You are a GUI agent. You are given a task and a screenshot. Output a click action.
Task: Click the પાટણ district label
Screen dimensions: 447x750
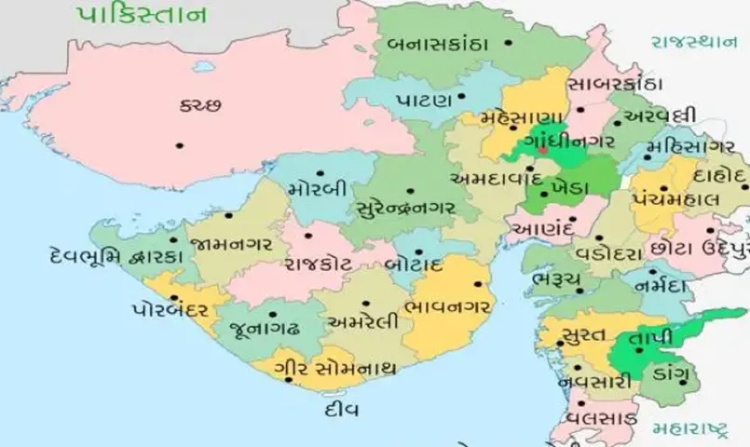[425, 98]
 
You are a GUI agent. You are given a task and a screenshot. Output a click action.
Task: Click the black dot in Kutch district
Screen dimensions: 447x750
[180, 144]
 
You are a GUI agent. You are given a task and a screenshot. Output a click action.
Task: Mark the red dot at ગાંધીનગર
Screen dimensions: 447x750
[542, 150]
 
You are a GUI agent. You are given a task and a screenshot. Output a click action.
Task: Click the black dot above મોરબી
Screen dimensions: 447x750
[320, 172]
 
